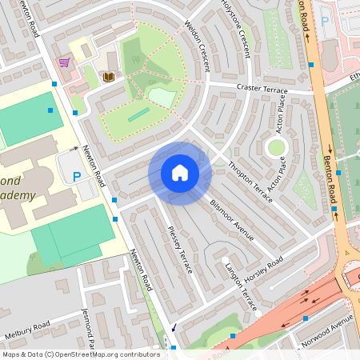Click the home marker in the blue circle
180,173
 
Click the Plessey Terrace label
180,250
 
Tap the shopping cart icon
64,62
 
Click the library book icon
109,77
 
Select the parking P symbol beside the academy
77,177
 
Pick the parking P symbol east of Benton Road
325,22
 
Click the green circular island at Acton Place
277,146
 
